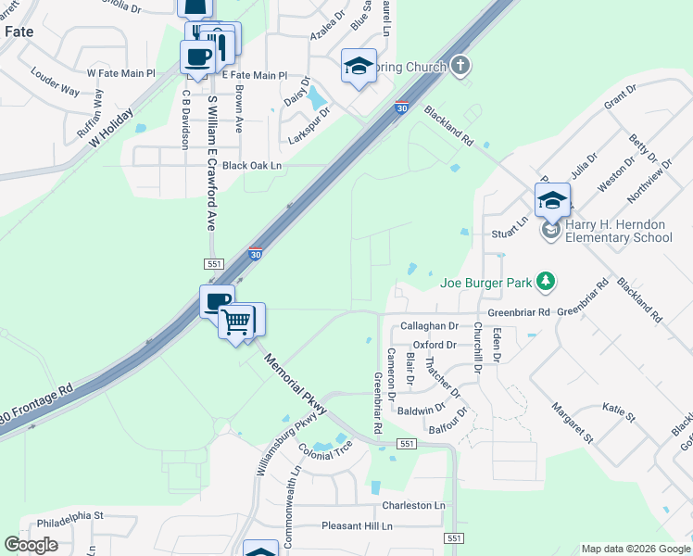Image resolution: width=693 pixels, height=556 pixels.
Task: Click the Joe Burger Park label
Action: click(x=488, y=282)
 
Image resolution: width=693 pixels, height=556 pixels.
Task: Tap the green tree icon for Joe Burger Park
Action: click(x=547, y=280)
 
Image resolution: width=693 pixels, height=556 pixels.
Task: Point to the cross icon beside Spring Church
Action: click(x=460, y=66)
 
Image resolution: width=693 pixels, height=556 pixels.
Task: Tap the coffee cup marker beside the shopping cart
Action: click(x=217, y=302)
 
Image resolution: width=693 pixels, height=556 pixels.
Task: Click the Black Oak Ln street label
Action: click(x=250, y=165)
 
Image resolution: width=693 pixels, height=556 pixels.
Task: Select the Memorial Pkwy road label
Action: click(x=295, y=382)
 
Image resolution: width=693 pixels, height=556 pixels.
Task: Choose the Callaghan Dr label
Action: click(x=430, y=326)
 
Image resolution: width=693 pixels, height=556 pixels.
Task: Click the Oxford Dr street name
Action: click(x=435, y=345)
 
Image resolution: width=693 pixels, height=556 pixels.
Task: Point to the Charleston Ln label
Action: click(x=414, y=506)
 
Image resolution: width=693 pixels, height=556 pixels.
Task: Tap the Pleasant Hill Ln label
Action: click(x=357, y=525)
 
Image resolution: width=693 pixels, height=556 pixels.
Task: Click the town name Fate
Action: click(x=20, y=31)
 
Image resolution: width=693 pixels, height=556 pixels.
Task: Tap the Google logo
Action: click(x=31, y=545)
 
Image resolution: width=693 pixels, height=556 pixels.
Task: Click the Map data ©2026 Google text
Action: click(x=635, y=549)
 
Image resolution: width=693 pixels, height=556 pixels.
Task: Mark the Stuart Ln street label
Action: click(x=509, y=221)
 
